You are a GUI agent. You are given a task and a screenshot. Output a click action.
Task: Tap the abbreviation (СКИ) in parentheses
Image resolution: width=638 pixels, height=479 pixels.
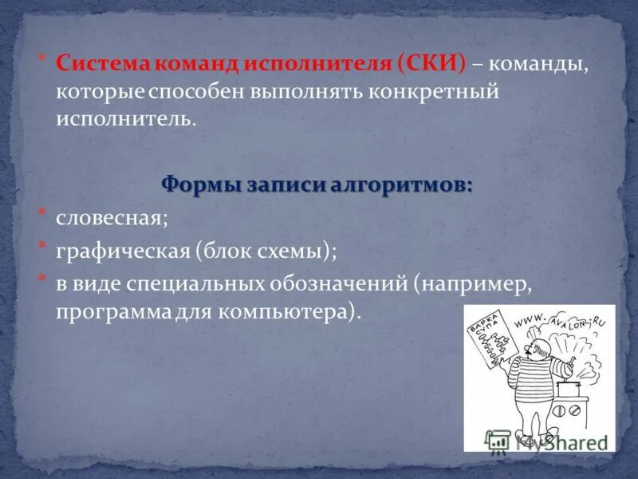pos(435,64)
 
